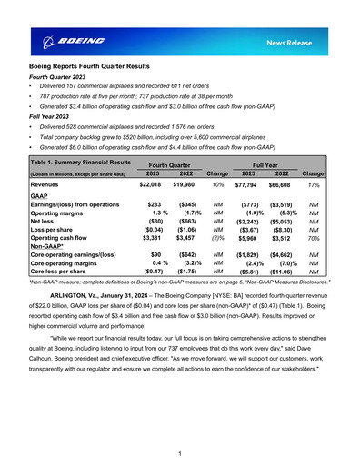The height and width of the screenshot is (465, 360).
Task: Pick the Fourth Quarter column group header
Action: coord(171,164)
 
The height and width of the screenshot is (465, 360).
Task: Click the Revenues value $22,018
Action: coord(149,184)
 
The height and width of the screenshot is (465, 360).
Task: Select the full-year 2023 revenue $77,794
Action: coord(245,184)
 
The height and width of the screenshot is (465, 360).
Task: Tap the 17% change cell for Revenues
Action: coord(314,184)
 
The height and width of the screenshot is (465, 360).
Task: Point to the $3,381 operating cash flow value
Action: coord(151,237)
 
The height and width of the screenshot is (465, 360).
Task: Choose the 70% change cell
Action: coord(314,237)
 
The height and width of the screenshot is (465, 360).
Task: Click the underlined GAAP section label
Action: coord(40,195)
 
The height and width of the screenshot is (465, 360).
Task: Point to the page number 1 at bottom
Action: coord(180,453)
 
